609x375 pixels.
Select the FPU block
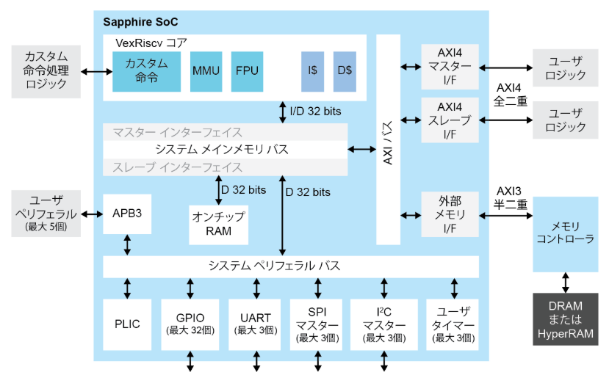tap(247, 71)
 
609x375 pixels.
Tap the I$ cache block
tap(312, 71)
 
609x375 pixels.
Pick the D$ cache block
tap(345, 71)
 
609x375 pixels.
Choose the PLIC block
tap(127, 324)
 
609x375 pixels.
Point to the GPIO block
tap(190, 324)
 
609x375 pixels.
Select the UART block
tap(255, 324)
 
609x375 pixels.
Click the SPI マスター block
tap(317, 324)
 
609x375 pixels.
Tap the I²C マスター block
tap(381, 324)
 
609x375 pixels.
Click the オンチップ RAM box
tap(218, 224)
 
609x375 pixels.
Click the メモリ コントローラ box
tap(565, 233)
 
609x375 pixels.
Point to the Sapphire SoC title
tap(140, 22)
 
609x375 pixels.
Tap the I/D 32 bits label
tap(314, 111)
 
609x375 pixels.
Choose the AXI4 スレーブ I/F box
tap(450, 120)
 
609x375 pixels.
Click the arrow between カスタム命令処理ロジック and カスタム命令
tap(95, 71)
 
